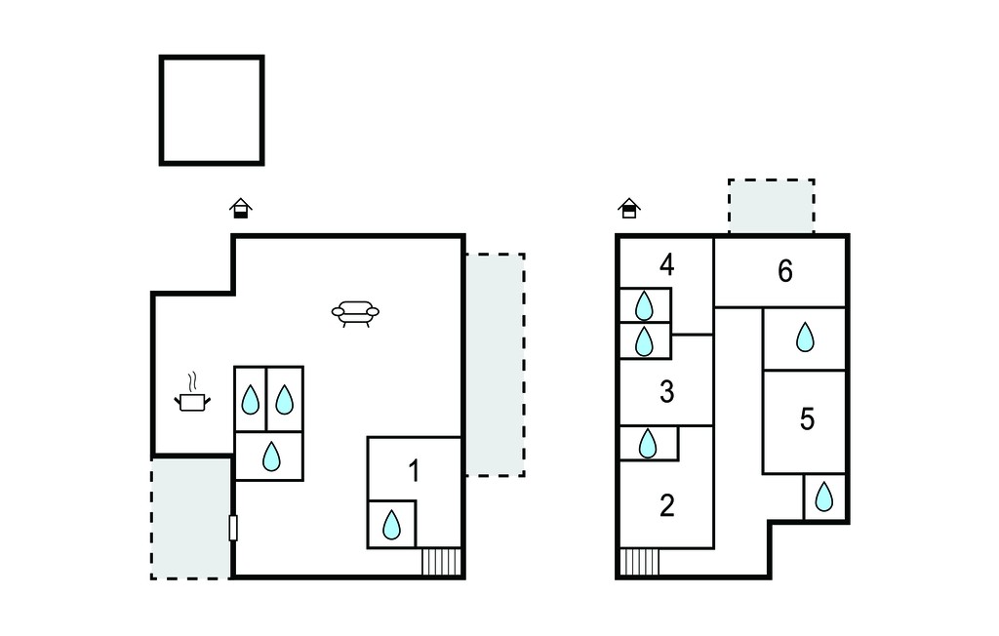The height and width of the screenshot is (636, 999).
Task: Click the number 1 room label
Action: [x=414, y=471]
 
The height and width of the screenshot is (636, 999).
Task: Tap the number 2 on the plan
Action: [x=667, y=505]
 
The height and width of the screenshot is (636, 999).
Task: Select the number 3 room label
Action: [x=667, y=392]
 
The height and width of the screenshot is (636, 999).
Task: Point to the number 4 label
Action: [x=667, y=264]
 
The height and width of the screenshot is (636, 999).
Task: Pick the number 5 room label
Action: [x=807, y=419]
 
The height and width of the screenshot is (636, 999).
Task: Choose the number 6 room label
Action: [x=785, y=271]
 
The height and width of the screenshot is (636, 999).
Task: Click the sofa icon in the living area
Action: [x=355, y=313]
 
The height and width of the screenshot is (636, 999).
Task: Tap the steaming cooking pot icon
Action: [x=192, y=392]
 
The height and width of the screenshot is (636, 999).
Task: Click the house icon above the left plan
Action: [x=241, y=209]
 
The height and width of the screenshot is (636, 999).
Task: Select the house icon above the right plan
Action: [x=629, y=209]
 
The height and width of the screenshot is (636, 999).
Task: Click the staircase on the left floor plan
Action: [x=441, y=562]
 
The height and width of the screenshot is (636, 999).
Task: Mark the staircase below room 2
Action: [x=640, y=562]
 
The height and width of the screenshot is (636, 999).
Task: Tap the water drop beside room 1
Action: [x=392, y=525]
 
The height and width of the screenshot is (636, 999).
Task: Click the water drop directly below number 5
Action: [x=824, y=497]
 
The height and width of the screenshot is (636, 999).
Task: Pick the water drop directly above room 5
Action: [x=805, y=338]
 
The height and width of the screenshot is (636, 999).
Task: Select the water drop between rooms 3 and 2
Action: [x=648, y=444]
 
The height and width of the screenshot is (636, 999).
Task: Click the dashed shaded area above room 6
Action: [x=772, y=207]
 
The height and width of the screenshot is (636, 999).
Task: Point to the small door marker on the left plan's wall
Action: [x=233, y=528]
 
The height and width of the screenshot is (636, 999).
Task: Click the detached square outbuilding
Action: [x=212, y=110]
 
